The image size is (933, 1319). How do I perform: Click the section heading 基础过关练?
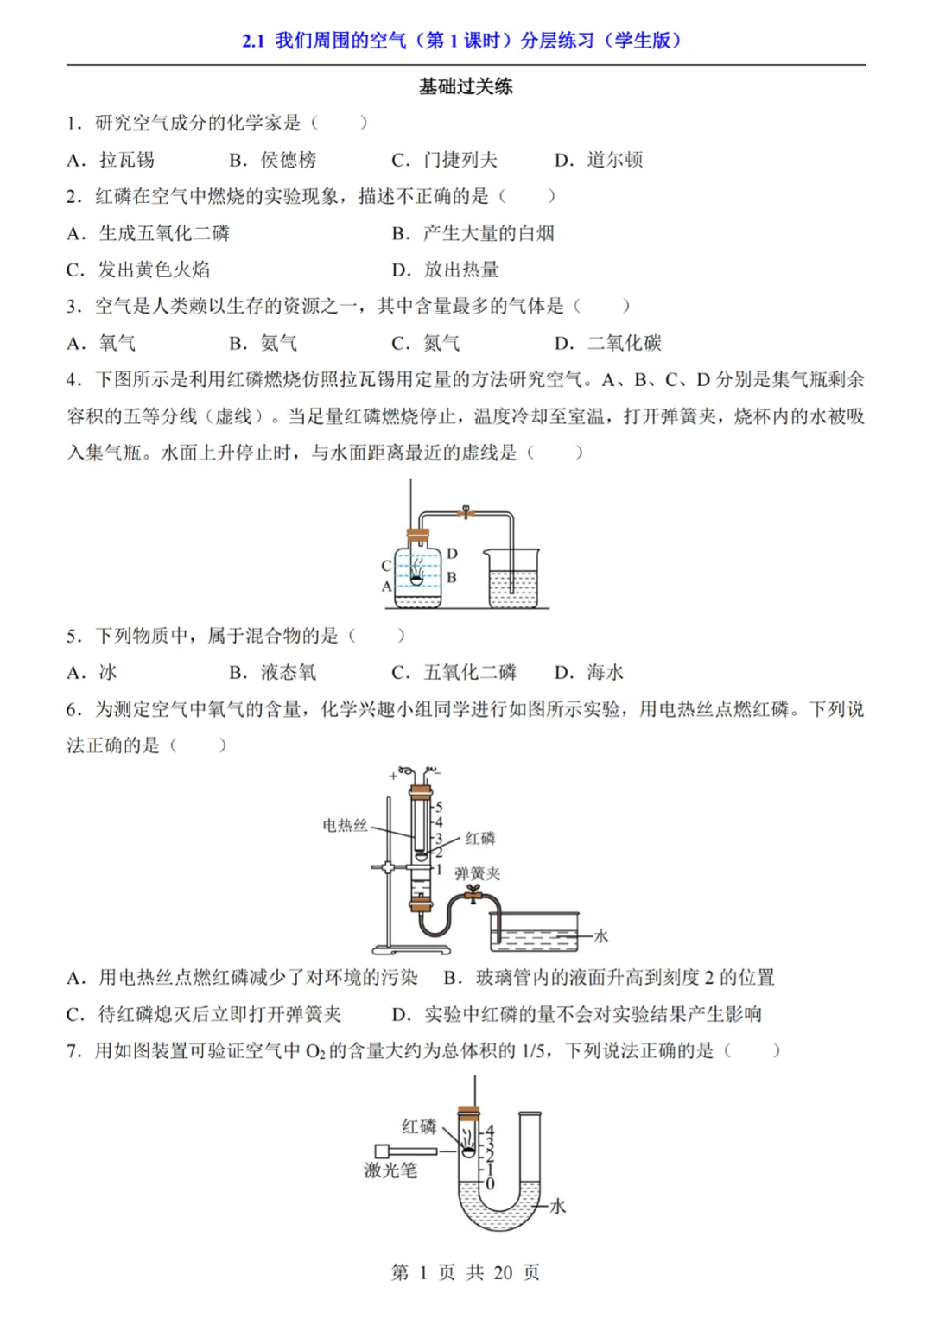[466, 86]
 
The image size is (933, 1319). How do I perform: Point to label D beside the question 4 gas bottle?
[452, 553]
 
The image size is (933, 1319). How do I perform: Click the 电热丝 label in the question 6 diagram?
[345, 825]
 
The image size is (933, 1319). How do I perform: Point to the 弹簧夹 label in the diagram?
[478, 873]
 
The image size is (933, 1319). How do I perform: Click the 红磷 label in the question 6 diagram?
[480, 838]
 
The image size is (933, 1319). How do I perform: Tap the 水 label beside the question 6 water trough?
[601, 935]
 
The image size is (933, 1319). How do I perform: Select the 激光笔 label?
[390, 1170]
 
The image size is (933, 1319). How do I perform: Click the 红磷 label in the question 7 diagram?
[419, 1126]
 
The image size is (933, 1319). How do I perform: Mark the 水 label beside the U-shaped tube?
[558, 1206]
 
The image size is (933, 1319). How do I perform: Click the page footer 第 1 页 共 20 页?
[466, 1271]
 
